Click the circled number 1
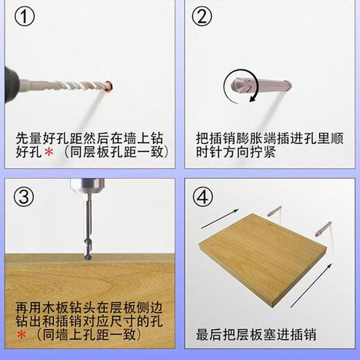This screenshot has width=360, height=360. [x=24, y=17]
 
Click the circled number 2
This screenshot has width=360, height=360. [x=202, y=17]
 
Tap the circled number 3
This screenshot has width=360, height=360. [x=24, y=197]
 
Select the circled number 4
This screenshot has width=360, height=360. [x=203, y=197]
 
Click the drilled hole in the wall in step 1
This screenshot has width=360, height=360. [x=109, y=86]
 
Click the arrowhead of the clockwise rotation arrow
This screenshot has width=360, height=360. [x=253, y=98]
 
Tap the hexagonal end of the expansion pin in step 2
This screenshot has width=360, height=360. [x=236, y=85]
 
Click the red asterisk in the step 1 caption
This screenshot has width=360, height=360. [x=48, y=152]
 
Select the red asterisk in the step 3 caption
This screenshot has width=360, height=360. [x=21, y=334]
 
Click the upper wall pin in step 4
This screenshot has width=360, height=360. [x=275, y=211]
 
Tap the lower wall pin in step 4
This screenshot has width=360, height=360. [x=323, y=228]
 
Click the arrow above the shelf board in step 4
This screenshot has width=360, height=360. [x=219, y=219]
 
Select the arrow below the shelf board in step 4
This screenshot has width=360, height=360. [x=311, y=285]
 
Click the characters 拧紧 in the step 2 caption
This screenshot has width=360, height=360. [x=263, y=152]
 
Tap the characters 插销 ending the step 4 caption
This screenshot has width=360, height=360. [x=303, y=335]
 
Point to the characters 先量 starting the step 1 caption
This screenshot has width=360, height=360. [x=28, y=138]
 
